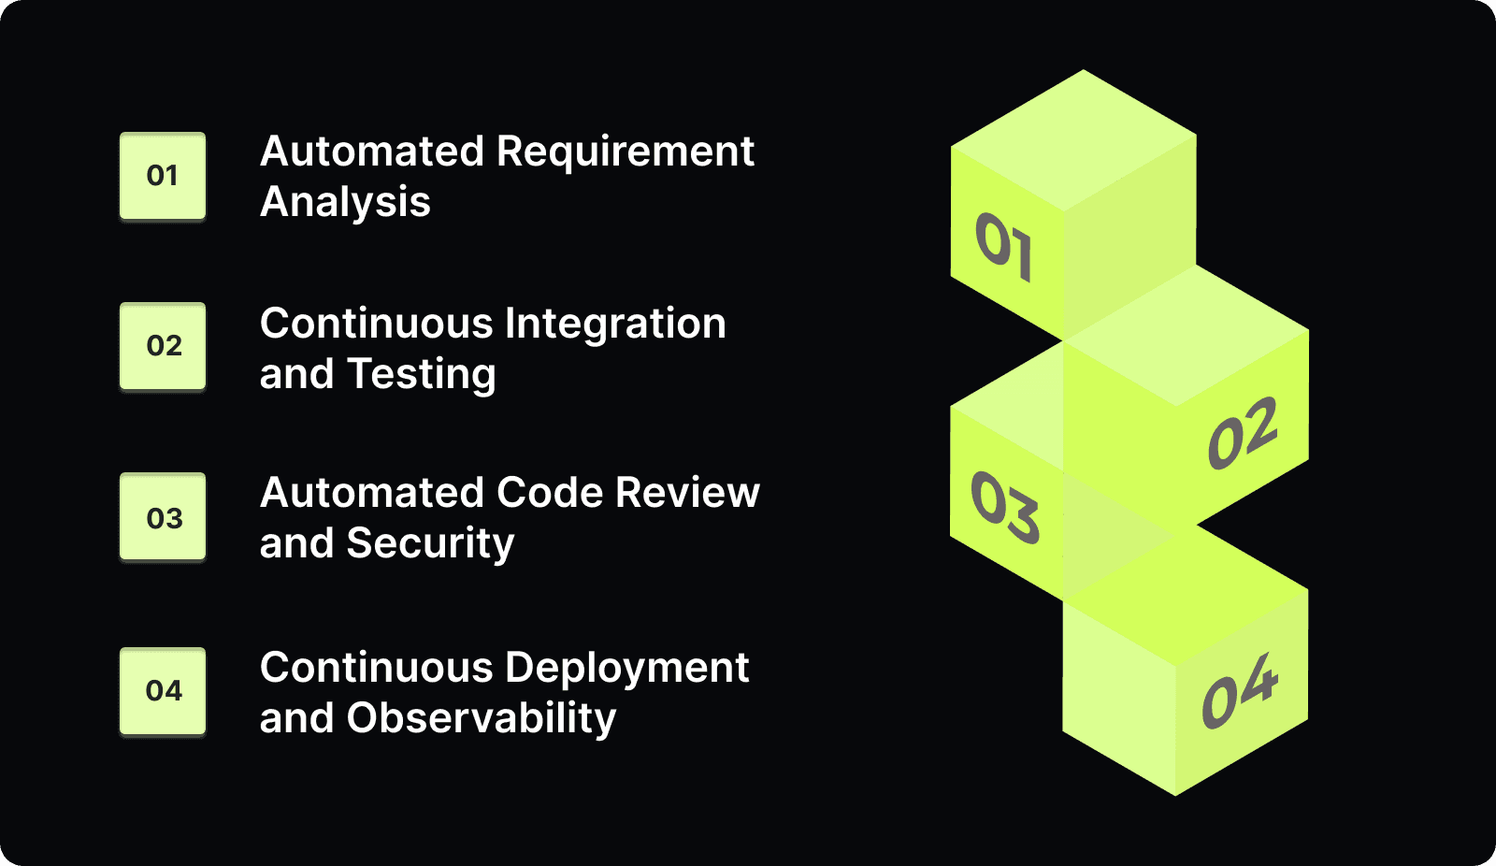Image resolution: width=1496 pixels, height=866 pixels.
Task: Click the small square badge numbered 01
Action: (163, 176)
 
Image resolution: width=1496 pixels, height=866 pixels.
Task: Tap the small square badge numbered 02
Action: (163, 346)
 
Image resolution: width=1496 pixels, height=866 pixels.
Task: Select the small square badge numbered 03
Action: (163, 517)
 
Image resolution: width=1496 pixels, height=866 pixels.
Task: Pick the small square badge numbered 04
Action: (163, 691)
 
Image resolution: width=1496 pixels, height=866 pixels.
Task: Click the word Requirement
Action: (625, 152)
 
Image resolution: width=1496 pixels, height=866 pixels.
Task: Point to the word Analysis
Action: (345, 203)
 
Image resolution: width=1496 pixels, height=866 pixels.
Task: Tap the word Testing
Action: (422, 375)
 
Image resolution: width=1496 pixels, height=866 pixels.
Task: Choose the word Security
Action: (430, 543)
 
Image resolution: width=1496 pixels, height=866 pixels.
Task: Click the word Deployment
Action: (626, 668)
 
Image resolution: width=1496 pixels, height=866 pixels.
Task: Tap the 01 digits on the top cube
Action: (1003, 246)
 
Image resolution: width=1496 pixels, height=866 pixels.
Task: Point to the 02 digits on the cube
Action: (1242, 433)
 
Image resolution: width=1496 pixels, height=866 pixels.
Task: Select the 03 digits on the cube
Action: (1004, 507)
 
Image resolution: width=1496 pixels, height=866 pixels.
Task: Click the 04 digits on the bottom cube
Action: (1239, 691)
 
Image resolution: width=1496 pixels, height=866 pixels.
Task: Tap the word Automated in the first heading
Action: (372, 152)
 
